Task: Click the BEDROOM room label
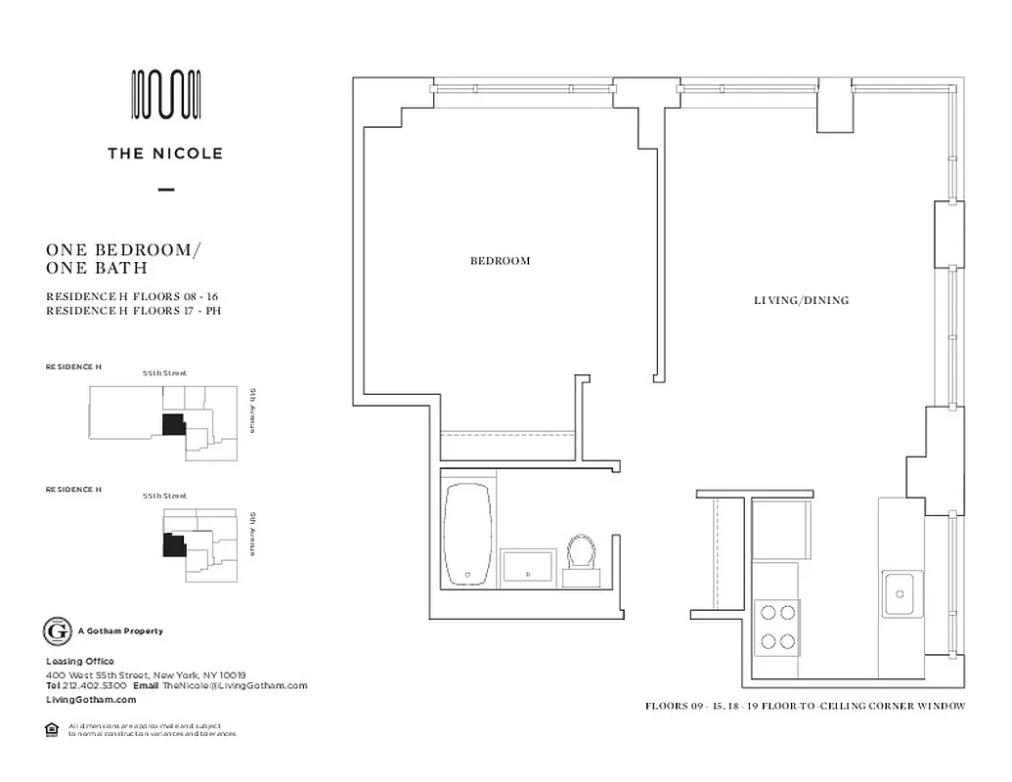pyautogui.click(x=500, y=261)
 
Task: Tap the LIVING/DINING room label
pyautogui.click(x=800, y=300)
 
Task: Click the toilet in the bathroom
pyautogui.click(x=583, y=557)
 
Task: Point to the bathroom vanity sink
pyautogui.click(x=528, y=566)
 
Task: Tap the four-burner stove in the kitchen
pyautogui.click(x=777, y=627)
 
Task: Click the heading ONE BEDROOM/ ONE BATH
pyautogui.click(x=123, y=258)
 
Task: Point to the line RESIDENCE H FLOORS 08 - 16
pyautogui.click(x=130, y=296)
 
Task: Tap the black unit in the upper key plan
pyautogui.click(x=172, y=423)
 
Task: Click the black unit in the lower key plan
pyautogui.click(x=173, y=543)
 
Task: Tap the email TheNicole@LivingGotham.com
pyautogui.click(x=235, y=686)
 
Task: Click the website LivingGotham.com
pyautogui.click(x=91, y=700)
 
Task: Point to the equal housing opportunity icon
pyautogui.click(x=52, y=728)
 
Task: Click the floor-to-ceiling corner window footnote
pyautogui.click(x=805, y=706)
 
